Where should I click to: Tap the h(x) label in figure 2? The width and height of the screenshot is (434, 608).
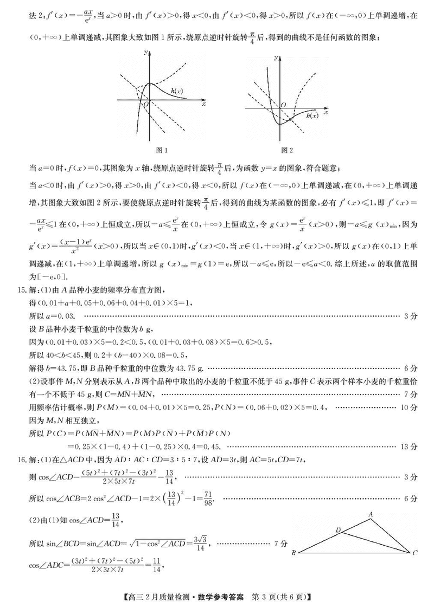click(312, 115)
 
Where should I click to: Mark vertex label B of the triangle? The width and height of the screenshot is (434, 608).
click(293, 553)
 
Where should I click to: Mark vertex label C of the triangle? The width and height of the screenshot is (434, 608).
click(415, 553)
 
